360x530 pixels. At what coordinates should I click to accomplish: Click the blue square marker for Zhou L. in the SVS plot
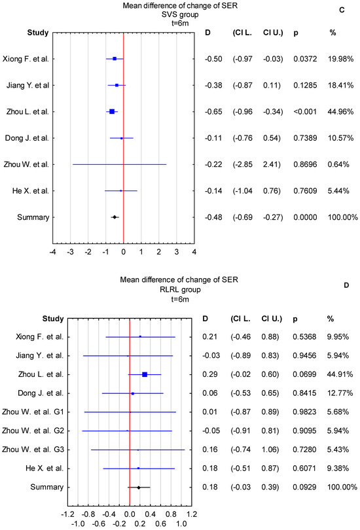coord(112,112)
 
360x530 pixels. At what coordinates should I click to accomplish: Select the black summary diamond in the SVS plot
coord(115,217)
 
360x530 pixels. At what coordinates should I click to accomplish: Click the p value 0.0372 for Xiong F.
coord(298,59)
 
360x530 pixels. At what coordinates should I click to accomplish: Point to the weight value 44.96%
coord(338,112)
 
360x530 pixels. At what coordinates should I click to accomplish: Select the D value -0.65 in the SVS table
coord(213,112)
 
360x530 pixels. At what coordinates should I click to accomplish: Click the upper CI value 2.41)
coord(271,164)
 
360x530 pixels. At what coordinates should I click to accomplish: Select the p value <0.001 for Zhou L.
coord(298,112)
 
